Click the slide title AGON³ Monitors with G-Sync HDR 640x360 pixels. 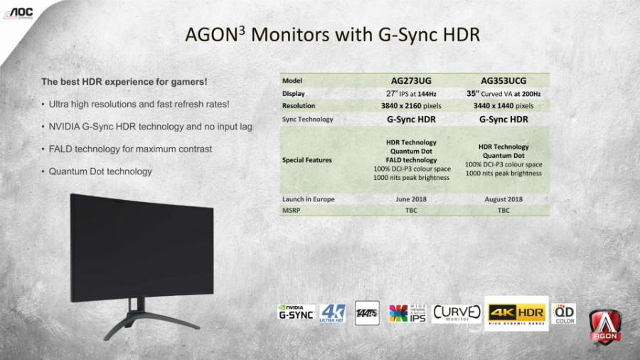point(331,35)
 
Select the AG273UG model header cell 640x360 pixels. point(411,80)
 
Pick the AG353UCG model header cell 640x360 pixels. point(503,80)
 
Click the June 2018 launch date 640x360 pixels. point(411,199)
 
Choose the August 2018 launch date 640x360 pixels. point(503,199)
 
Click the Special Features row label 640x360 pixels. point(306,160)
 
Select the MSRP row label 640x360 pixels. point(292,210)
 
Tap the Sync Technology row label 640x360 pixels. point(307,120)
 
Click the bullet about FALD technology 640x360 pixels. point(130,149)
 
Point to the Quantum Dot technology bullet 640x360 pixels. point(100,171)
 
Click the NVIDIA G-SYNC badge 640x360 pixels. point(296,312)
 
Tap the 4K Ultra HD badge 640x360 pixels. point(332,313)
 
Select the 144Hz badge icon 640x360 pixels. point(367,313)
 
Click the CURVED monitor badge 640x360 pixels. point(457,313)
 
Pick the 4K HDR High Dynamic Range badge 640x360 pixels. point(516,313)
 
